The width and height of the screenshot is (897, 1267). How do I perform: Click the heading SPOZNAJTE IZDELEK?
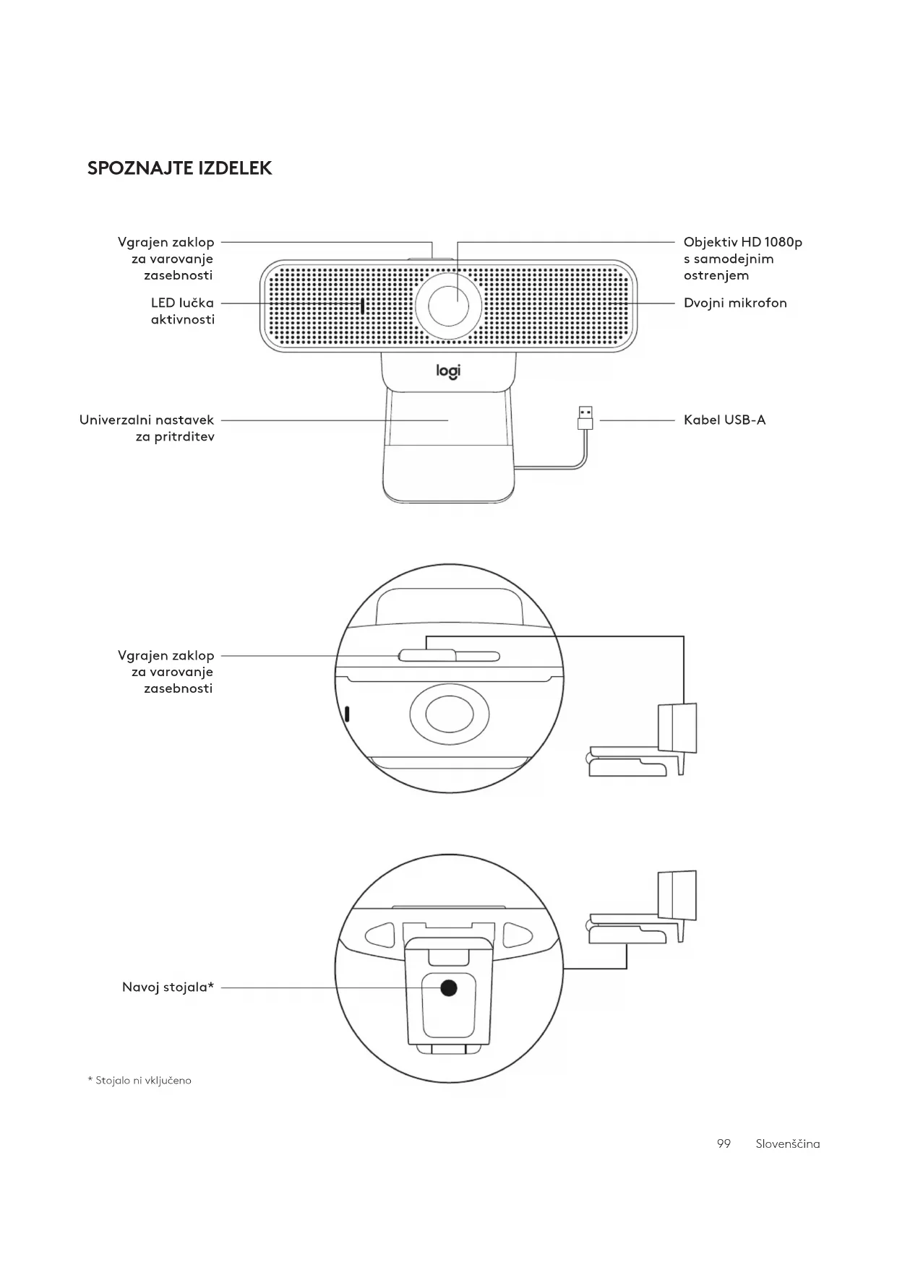[179, 168]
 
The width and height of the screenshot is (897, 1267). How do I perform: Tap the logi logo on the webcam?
[448, 371]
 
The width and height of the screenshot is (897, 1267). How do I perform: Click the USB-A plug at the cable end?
[585, 418]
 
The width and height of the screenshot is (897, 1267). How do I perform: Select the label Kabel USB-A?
[724, 420]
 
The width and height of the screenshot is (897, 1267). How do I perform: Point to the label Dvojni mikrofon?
[735, 303]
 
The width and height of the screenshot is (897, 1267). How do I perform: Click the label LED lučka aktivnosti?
[182, 311]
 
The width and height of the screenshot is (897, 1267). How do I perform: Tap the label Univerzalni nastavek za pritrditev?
[147, 428]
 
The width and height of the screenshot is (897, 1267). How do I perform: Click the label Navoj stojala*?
[168, 987]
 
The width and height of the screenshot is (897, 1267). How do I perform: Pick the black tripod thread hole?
[449, 988]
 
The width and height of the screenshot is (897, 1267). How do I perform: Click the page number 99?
[724, 1143]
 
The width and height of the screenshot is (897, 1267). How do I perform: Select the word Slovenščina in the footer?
[787, 1143]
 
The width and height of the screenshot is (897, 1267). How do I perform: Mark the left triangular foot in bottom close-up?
[381, 935]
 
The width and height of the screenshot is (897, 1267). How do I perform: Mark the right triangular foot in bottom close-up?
[517, 935]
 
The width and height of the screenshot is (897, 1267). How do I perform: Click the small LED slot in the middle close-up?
[347, 714]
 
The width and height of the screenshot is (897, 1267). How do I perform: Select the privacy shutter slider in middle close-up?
[427, 655]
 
